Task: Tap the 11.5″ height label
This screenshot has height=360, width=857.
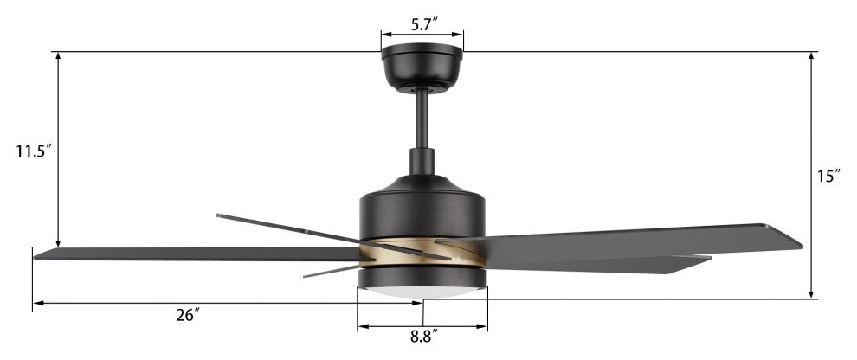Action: (34, 151)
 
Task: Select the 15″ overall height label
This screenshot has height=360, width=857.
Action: (829, 176)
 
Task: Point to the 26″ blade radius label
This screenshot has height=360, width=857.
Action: (189, 315)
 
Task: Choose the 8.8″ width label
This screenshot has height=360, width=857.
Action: (424, 337)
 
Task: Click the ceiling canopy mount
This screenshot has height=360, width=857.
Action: (422, 67)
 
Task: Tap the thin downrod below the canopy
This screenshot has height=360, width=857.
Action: (422, 119)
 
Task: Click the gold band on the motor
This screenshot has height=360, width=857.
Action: (422, 253)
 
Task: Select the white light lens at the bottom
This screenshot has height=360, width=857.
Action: (422, 292)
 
